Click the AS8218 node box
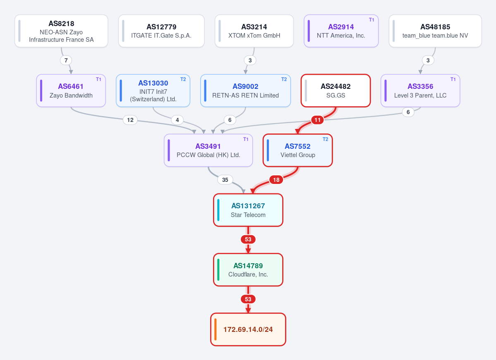tap(61, 31)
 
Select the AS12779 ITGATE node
tap(161, 31)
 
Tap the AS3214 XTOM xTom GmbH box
tap(254, 31)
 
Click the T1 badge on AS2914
tap(371, 20)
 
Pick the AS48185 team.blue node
tap(435, 31)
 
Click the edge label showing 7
tap(66, 60)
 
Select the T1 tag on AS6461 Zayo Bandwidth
tap(99, 79)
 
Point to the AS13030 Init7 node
tap(153, 91)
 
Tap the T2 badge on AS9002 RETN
tap(284, 79)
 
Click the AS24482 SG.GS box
tap(335, 91)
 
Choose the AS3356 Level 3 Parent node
tap(420, 91)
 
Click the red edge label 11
tap(317, 120)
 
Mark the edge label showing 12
tap(130, 120)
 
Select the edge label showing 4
tap(177, 120)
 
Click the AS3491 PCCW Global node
tap(208, 150)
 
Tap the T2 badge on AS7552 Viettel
tap(325, 139)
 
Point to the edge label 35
tap(225, 180)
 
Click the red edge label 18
tap(276, 180)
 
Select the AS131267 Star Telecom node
tap(248, 210)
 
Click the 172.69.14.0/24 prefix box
tap(248, 330)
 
